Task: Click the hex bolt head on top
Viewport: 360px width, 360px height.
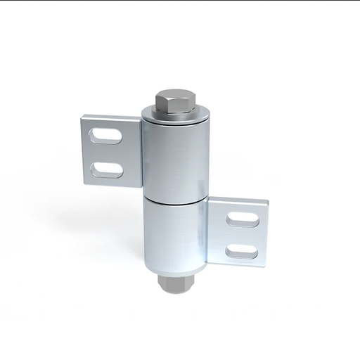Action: (x=173, y=104)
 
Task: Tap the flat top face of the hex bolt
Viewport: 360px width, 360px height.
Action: (x=173, y=96)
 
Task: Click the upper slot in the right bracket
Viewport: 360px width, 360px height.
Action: (x=243, y=219)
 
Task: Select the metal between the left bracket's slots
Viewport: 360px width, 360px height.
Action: (x=106, y=152)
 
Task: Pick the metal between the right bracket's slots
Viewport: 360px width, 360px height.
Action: (x=243, y=235)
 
